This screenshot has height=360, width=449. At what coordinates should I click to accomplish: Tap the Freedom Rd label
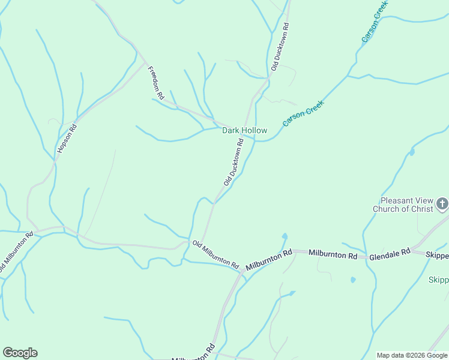[155, 82]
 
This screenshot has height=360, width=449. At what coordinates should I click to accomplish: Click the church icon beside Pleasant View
[442, 205]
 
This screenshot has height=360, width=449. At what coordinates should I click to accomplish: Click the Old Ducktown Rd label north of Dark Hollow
[280, 47]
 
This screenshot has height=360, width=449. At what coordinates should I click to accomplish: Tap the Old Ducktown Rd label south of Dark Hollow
[234, 162]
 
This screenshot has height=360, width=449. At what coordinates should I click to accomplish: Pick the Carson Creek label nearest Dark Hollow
[303, 113]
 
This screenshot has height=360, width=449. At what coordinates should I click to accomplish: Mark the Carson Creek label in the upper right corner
[375, 22]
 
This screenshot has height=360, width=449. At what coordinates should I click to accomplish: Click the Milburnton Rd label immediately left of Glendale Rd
[333, 254]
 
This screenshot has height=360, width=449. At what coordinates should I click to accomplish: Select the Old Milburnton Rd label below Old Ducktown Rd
[215, 254]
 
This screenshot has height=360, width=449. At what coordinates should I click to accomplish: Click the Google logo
[20, 353]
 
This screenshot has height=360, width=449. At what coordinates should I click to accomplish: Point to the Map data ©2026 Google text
[412, 355]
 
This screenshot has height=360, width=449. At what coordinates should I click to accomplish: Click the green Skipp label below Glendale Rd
[439, 280]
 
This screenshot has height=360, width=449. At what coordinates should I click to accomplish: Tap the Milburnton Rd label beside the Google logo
[193, 354]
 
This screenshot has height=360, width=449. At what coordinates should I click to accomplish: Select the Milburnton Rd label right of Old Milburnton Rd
[269, 259]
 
